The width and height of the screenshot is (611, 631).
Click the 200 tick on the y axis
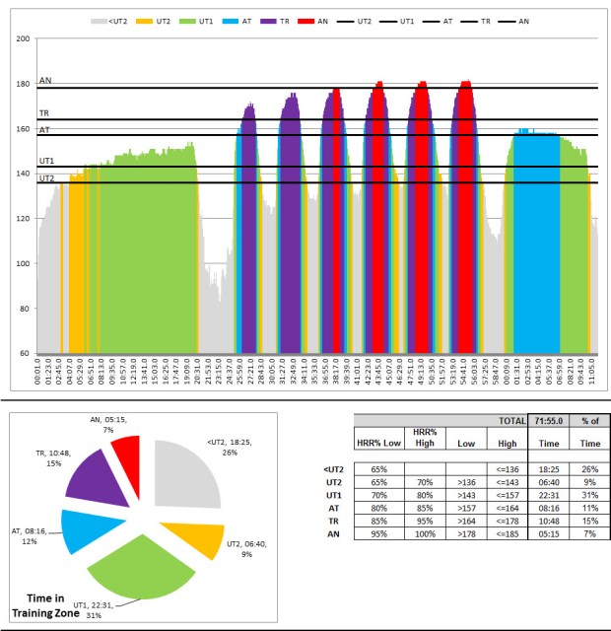click(25, 39)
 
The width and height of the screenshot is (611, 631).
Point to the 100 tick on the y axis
click(25, 263)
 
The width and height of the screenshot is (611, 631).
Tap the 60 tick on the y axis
click(27, 353)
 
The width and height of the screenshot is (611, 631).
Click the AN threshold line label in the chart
click(45, 81)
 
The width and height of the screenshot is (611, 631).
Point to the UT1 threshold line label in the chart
click(46, 160)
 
